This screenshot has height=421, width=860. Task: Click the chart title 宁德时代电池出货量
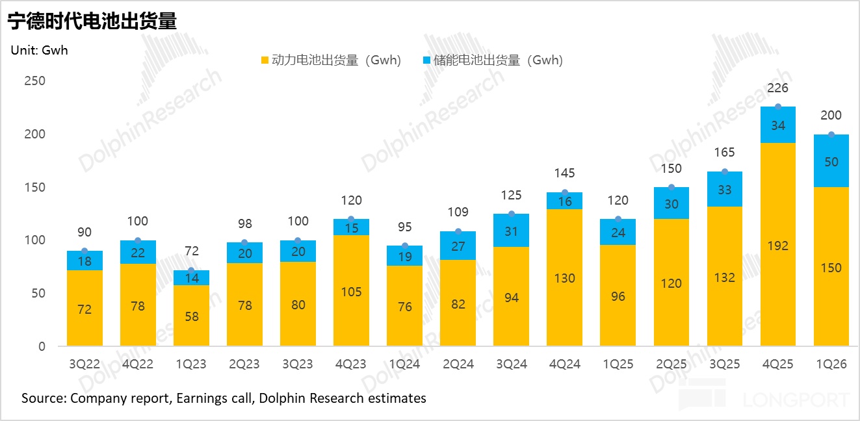tap(92, 21)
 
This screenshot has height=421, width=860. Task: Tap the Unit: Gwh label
tap(39, 50)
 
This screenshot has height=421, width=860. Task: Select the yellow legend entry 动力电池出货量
tap(330, 60)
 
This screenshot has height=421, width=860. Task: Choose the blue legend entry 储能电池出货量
tap(492, 60)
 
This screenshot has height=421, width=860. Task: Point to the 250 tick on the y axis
tap(35, 81)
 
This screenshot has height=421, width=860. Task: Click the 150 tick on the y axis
tap(35, 187)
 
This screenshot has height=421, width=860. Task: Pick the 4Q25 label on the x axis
tap(777, 364)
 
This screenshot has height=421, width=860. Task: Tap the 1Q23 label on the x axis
tap(191, 364)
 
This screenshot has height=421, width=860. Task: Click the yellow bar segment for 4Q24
tap(564, 277)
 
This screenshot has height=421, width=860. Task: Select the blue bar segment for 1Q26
tap(831, 161)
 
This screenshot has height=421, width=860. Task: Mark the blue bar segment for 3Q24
tap(511, 230)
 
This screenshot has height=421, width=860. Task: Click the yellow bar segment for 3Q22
tap(85, 309)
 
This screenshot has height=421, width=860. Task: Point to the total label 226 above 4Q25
tap(777, 88)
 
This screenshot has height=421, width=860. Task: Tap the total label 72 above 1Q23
tap(191, 251)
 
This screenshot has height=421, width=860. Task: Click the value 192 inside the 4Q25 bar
tap(777, 246)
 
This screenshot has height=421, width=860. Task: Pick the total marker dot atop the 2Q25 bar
tap(671, 187)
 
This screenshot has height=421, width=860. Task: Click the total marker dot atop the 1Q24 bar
tap(405, 246)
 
